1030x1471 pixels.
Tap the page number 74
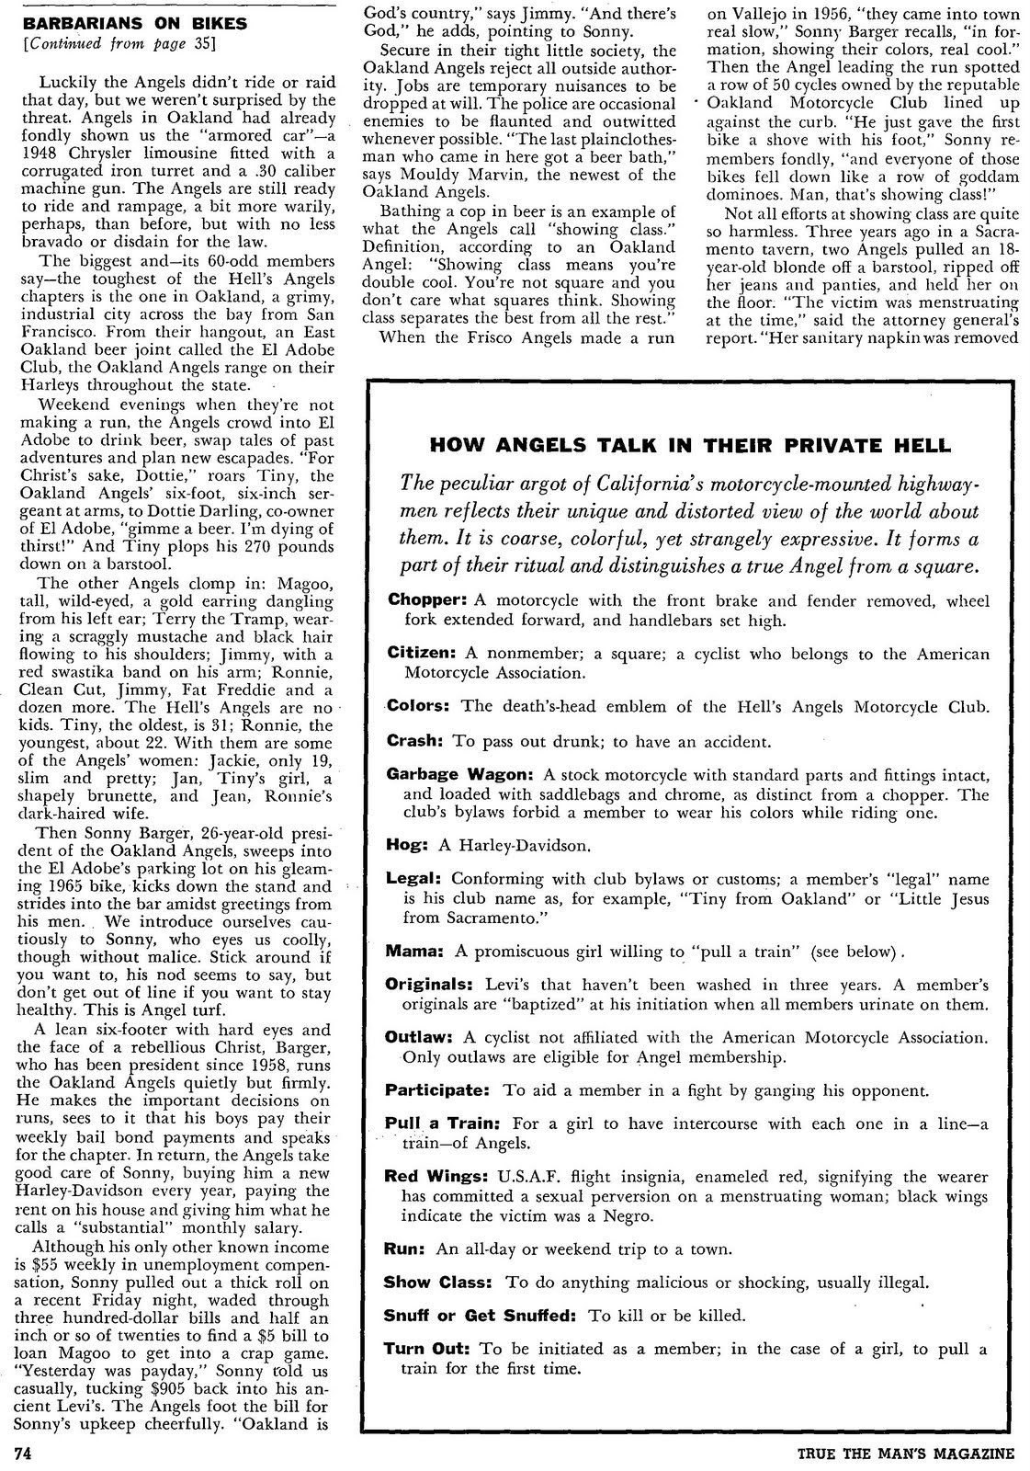click(x=23, y=1453)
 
